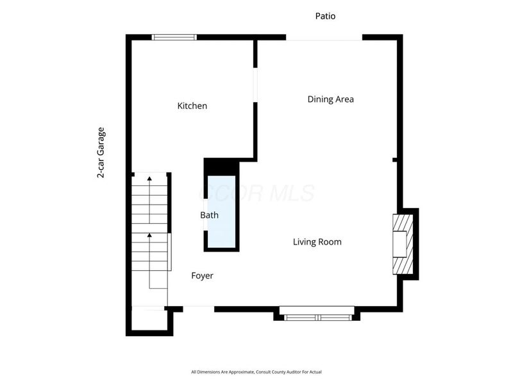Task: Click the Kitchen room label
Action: click(x=192, y=106)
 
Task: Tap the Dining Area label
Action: click(x=330, y=99)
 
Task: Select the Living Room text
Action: click(x=317, y=242)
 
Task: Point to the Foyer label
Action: click(x=202, y=276)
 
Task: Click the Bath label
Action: click(x=209, y=216)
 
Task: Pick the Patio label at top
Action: click(x=325, y=16)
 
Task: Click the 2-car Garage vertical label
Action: click(x=101, y=153)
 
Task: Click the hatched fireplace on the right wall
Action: click(x=403, y=244)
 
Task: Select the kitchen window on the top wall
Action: click(x=174, y=37)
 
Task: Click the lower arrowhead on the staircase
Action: click(x=149, y=235)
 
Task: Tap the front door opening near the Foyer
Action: click(x=198, y=307)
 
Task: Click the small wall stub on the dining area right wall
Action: click(x=396, y=159)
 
